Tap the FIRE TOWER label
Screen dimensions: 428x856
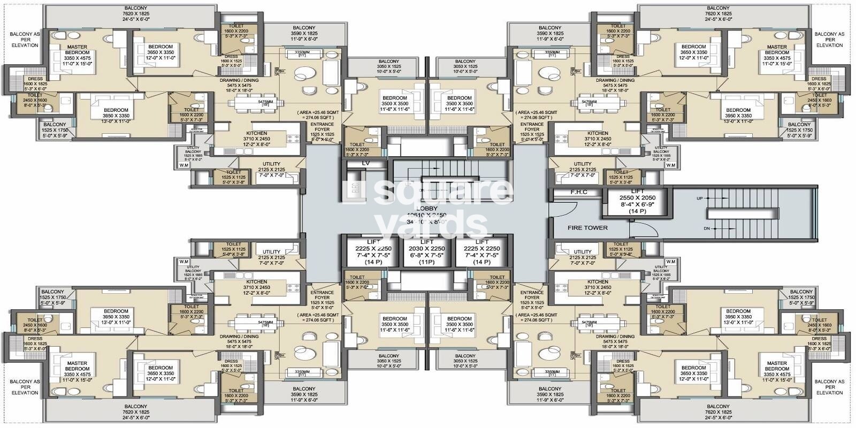587,228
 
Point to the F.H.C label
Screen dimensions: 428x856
578,192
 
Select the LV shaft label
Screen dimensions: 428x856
366,163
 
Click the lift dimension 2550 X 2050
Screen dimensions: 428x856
637,197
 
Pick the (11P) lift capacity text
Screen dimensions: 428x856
426,262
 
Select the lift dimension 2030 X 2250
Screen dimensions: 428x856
426,248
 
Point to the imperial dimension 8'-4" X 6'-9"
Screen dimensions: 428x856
637,204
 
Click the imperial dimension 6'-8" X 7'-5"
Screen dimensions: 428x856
426,255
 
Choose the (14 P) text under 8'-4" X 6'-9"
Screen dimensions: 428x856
637,211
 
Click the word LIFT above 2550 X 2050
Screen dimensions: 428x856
637,191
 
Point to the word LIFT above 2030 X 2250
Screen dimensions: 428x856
426,242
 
